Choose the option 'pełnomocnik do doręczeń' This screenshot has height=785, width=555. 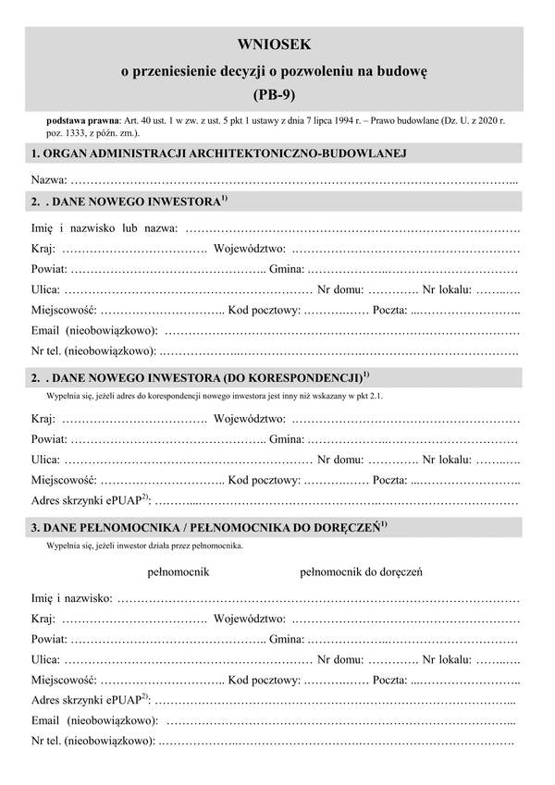pos(362,571)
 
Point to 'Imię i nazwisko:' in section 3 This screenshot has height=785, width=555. pos(72,598)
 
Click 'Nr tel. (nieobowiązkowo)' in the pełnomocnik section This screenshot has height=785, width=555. pos(92,741)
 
